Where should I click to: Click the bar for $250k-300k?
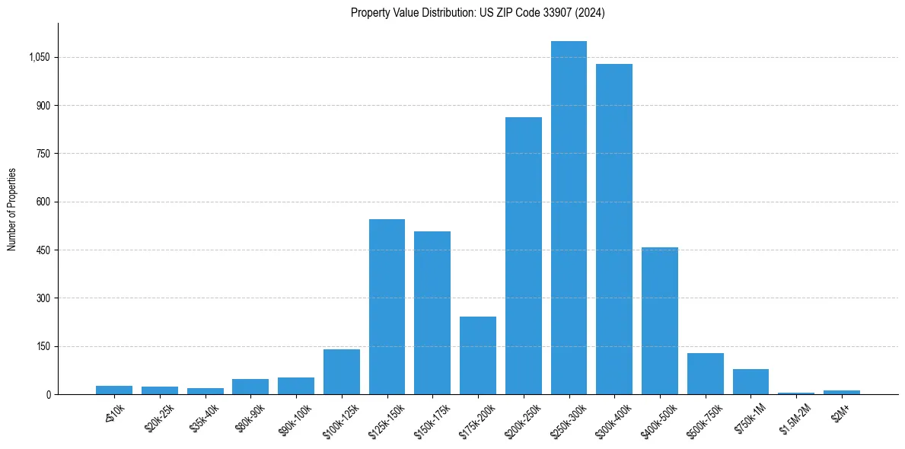[x=569, y=218]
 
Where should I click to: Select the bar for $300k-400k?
[x=614, y=229]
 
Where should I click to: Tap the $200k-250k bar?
[x=524, y=256]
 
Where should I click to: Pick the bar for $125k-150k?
[x=387, y=307]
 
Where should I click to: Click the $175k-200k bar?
[x=478, y=355]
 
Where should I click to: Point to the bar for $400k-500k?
[x=660, y=320]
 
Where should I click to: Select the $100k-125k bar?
[x=342, y=371]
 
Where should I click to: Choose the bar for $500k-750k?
[x=706, y=374]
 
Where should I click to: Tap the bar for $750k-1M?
[x=750, y=381]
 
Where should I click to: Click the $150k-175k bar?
[x=432, y=313]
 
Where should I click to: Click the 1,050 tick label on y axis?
[x=38, y=57]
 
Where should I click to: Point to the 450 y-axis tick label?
[x=43, y=250]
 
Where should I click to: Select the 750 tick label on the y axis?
[x=43, y=154]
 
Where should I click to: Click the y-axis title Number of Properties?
[x=12, y=209]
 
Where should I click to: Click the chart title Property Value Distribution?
[x=478, y=13]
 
